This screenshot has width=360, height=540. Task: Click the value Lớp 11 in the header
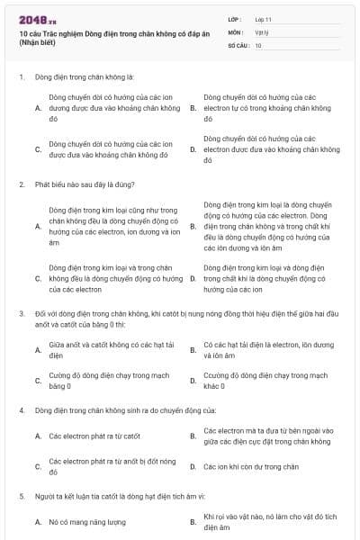click(263, 19)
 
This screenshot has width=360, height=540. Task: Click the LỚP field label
click(235, 19)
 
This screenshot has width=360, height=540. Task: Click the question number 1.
click(22, 77)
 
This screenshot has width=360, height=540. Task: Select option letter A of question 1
click(38, 107)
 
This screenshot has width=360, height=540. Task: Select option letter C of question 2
click(38, 279)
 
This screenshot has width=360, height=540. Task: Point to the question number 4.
click(22, 409)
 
